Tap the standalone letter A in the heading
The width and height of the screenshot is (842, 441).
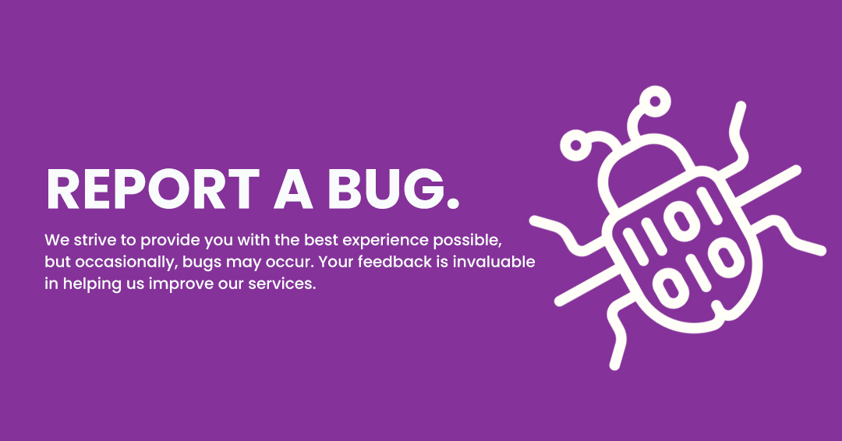click(x=294, y=189)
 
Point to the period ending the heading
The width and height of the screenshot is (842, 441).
click(x=453, y=203)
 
